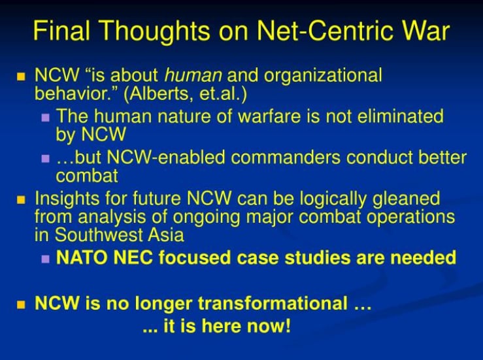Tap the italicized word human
coord(193,75)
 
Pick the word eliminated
coord(400,116)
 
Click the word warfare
coord(269,116)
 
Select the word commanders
coord(286,157)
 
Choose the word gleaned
coord(406,199)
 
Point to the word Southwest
coord(98,235)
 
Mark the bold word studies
coord(318,257)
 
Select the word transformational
coord(273,303)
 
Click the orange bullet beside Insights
coord(21,200)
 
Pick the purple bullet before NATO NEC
coord(45,259)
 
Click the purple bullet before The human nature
coord(45,118)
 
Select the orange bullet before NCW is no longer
coord(21,305)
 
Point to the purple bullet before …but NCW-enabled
coord(45,159)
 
